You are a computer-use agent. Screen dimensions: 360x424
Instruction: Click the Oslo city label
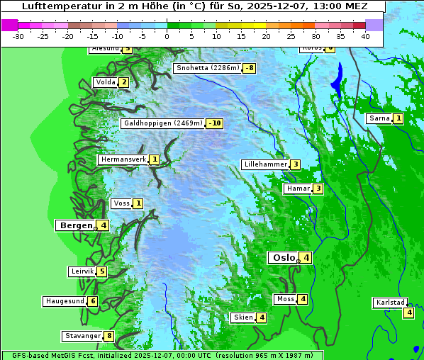click(284, 258)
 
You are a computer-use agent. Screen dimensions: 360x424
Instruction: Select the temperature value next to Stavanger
click(109, 336)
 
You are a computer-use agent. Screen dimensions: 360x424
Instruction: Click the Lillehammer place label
click(265, 164)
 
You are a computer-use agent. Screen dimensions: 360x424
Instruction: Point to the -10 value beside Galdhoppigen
click(215, 123)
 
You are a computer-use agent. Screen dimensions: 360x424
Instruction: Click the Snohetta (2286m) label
click(206, 68)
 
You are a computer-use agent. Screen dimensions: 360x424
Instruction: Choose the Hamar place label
click(297, 189)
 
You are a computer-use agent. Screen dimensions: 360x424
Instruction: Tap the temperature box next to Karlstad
click(408, 313)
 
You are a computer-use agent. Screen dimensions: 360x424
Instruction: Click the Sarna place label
click(379, 118)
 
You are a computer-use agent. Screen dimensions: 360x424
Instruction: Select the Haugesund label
click(65, 301)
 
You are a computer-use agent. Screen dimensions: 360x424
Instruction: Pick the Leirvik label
click(82, 271)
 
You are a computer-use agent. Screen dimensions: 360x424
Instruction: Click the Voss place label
click(121, 203)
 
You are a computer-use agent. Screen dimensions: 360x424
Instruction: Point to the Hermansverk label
click(123, 159)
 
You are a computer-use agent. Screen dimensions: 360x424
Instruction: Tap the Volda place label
click(104, 82)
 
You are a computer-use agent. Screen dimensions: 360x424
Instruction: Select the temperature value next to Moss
click(303, 299)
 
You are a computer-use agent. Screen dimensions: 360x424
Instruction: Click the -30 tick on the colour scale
click(18, 35)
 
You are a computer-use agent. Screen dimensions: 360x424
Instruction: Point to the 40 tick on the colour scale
click(365, 35)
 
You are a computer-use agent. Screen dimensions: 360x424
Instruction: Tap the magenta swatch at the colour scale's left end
click(9, 25)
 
